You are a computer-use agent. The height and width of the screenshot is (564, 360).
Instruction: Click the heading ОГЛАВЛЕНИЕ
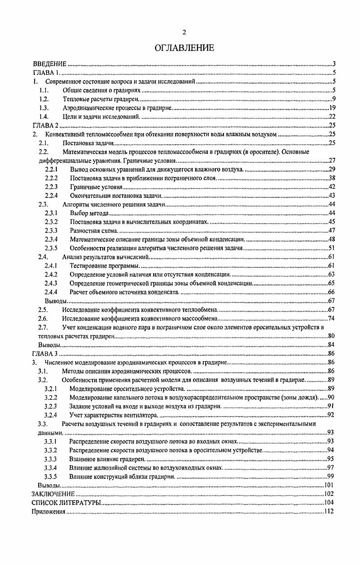184,47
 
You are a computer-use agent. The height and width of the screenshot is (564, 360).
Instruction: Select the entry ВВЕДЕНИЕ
50,64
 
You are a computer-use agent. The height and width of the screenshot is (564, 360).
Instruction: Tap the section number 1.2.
44,99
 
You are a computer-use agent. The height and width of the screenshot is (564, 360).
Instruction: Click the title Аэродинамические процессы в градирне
117,108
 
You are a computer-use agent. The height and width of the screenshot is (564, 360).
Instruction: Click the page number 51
331,248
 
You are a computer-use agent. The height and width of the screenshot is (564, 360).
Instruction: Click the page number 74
331,318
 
